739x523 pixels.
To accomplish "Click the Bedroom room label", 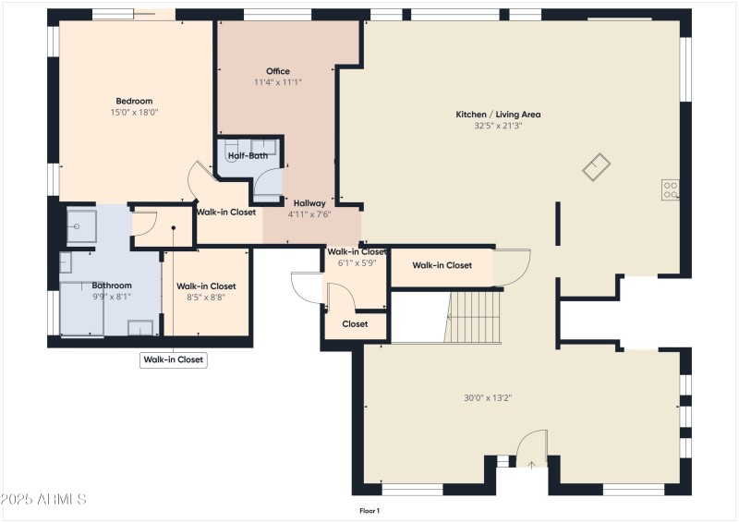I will click(134, 101).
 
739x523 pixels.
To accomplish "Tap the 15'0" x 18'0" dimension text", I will click(134, 113).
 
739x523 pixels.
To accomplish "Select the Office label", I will click(278, 71).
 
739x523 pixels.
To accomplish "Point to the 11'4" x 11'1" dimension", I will click(278, 82).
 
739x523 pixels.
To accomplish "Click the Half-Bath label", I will click(248, 156).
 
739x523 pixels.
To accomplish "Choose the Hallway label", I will click(309, 202).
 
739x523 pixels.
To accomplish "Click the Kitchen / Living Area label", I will click(498, 115).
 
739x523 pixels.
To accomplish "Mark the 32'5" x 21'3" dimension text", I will click(498, 126).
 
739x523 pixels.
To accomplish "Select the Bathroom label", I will click(112, 286).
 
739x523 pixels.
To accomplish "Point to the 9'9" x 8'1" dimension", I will click(112, 297).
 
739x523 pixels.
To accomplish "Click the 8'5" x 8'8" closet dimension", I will click(206, 297).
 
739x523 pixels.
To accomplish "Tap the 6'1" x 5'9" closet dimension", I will click(357, 262).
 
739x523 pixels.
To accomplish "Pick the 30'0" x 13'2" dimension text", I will click(488, 398).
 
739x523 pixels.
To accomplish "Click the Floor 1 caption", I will click(369, 510).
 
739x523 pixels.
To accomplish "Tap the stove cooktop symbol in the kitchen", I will click(671, 190).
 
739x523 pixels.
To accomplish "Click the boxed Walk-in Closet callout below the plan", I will click(174, 360).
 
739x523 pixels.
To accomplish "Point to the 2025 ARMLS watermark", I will click(43, 499).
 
